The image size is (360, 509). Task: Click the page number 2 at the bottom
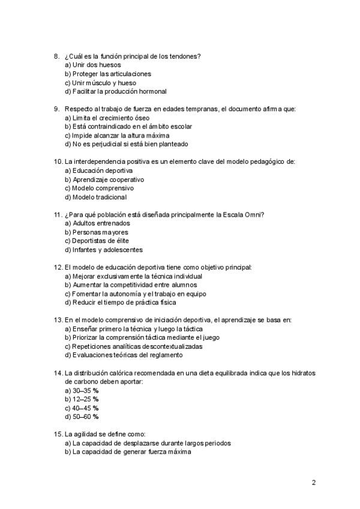pyautogui.click(x=313, y=482)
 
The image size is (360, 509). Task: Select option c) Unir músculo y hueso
pyautogui.click(x=100, y=83)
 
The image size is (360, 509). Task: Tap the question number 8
pyautogui.click(x=56, y=56)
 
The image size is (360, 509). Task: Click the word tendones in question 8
pyautogui.click(x=186, y=56)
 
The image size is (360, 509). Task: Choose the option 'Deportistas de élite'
pyautogui.click(x=96, y=241)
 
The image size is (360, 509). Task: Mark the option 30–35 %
pyautogui.click(x=82, y=390)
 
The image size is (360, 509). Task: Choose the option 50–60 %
pyautogui.click(x=82, y=417)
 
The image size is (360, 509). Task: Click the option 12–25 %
pyautogui.click(x=82, y=399)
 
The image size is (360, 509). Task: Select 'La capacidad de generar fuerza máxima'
pyautogui.click(x=127, y=452)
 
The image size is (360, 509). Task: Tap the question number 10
pyautogui.click(x=58, y=162)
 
